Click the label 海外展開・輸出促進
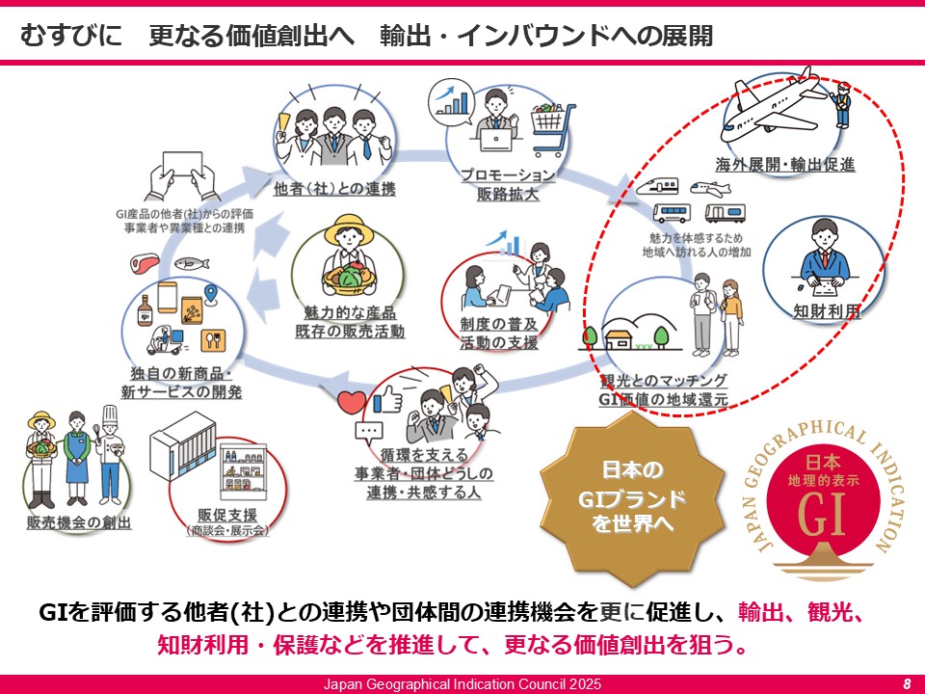[x=785, y=164]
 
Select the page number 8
[x=907, y=683]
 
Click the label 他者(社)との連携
[x=335, y=188]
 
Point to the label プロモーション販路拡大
[x=507, y=184]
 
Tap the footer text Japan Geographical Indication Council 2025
[x=462, y=683]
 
